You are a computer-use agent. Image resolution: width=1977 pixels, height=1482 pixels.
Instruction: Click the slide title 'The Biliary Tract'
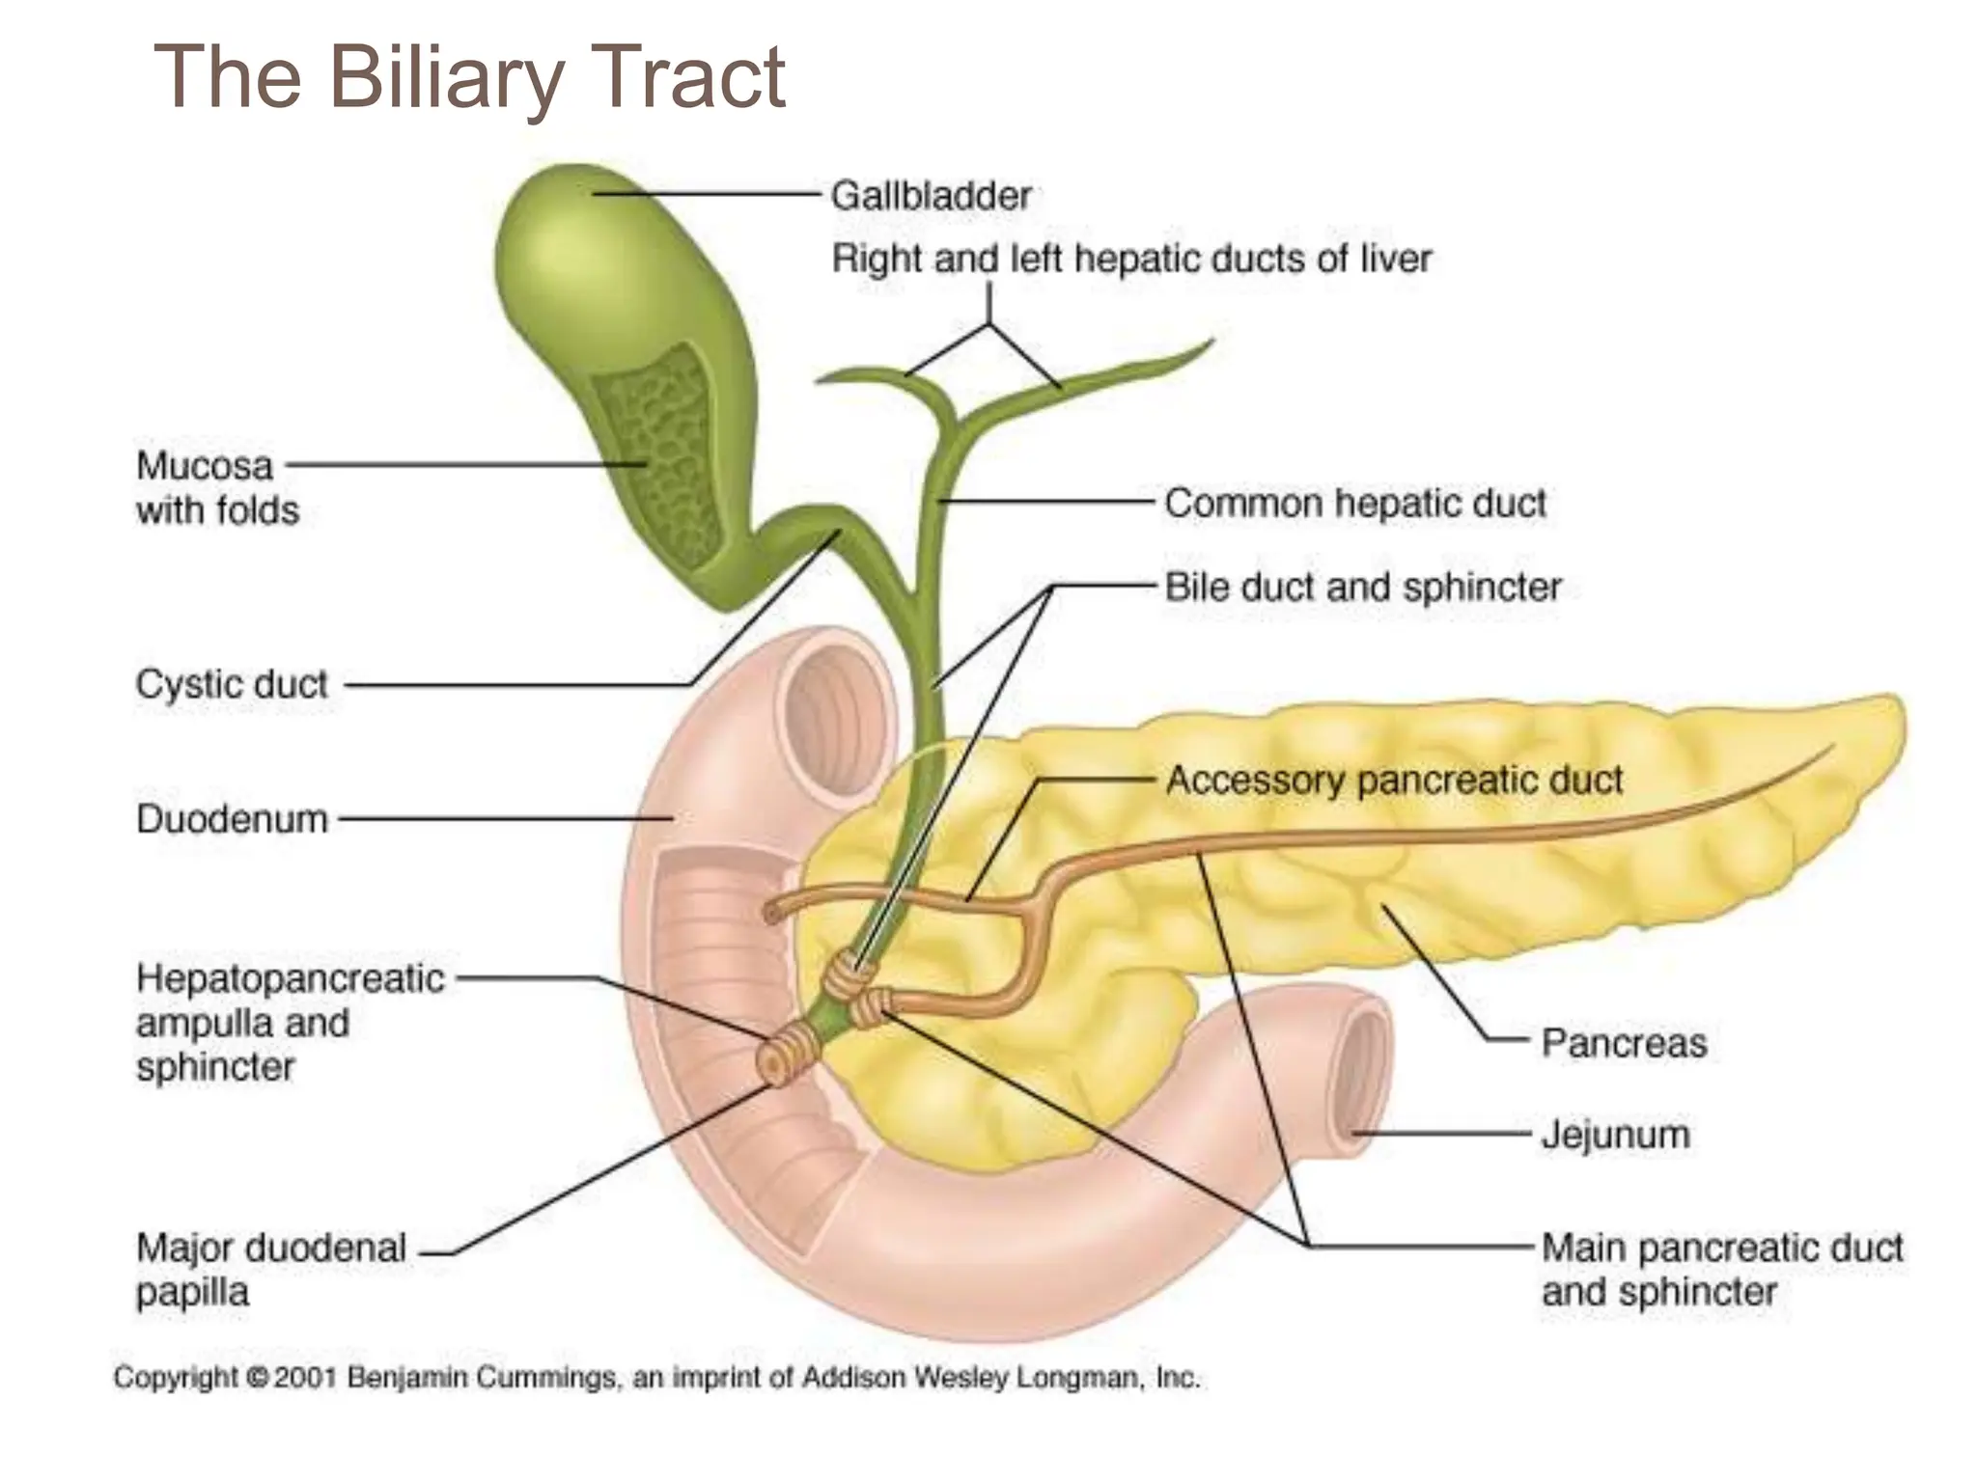pos(469,77)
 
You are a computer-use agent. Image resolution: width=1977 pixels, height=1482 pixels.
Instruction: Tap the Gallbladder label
pos(932,196)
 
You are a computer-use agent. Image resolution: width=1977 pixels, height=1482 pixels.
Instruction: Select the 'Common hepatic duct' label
pos(1354,503)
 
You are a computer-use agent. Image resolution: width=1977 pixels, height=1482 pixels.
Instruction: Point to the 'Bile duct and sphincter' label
pos(1362,587)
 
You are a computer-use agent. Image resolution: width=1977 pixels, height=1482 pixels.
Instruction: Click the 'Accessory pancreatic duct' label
pos(1394,780)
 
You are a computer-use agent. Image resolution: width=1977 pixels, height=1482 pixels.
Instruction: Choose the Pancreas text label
pos(1624,1043)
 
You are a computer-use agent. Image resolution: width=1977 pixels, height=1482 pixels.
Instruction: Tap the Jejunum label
pos(1615,1134)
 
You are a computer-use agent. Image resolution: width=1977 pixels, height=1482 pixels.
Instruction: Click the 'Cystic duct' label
pos(232,684)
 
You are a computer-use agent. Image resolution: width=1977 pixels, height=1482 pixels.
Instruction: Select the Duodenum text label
pos(232,819)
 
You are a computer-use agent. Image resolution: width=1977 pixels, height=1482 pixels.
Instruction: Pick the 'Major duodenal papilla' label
pos(270,1269)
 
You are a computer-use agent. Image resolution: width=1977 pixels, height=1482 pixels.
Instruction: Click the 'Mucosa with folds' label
pos(217,487)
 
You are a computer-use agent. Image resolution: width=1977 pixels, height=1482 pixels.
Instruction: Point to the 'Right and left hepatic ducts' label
pos(1130,259)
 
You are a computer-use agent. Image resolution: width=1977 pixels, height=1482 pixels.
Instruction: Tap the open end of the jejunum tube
pos(1361,1071)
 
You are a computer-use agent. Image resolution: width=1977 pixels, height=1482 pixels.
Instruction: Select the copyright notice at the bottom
pos(656,1377)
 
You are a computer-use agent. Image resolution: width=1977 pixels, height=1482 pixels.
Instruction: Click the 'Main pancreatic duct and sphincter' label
pos(1721,1269)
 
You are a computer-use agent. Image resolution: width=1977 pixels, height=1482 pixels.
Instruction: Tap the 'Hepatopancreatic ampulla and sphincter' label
pos(290,1023)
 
